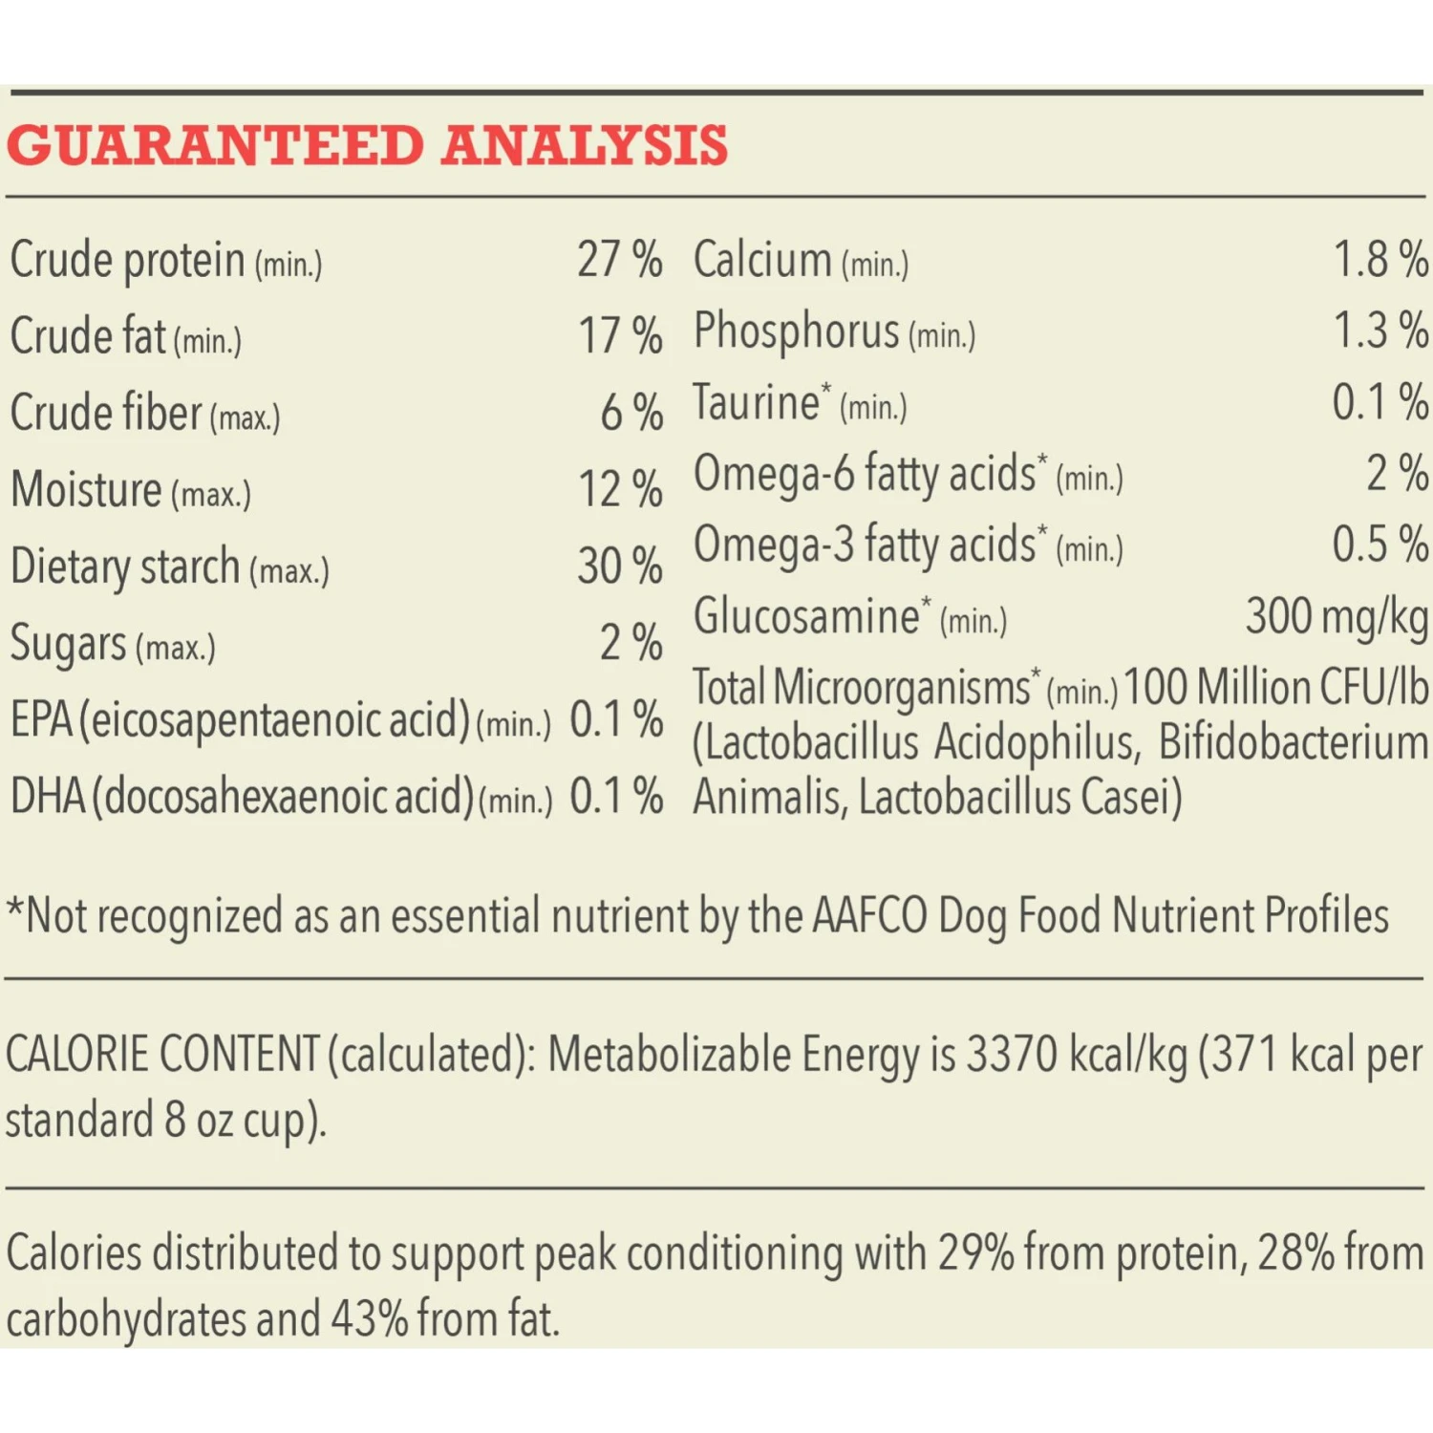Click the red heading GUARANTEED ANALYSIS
click(x=367, y=146)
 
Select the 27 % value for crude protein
click(x=619, y=259)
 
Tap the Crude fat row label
click(x=88, y=336)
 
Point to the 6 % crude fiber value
click(x=631, y=413)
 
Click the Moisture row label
click(x=86, y=489)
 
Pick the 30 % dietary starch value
click(x=619, y=566)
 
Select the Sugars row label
click(x=68, y=643)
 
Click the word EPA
click(x=41, y=719)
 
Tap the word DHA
click(x=47, y=796)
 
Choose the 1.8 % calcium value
click(x=1380, y=259)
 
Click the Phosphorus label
click(x=797, y=331)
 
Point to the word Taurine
click(x=756, y=402)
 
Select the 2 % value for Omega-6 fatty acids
click(x=1397, y=473)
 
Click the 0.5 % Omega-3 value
click(x=1380, y=544)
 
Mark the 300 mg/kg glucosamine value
click(x=1337, y=616)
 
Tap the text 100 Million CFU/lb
click(x=1276, y=688)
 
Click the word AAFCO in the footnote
click(x=869, y=915)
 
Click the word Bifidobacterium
click(x=1293, y=743)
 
